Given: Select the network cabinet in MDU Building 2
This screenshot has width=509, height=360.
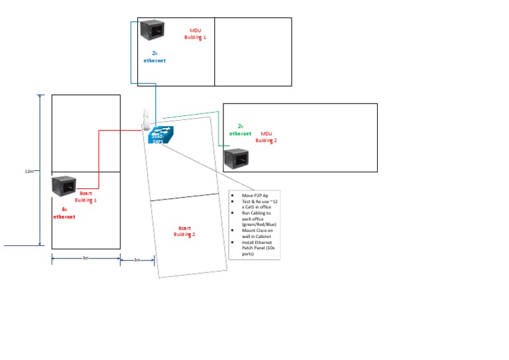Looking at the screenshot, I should [x=236, y=160].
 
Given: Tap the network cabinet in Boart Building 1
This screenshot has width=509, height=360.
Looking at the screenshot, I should [x=66, y=187].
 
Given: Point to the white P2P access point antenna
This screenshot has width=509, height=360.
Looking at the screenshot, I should [x=144, y=119].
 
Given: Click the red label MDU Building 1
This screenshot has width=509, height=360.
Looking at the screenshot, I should [x=196, y=34].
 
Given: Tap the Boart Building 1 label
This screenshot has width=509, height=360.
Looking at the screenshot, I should [x=85, y=196].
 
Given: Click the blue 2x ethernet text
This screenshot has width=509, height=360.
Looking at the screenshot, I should [x=154, y=56].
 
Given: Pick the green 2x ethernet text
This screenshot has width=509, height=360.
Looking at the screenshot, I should [x=241, y=129].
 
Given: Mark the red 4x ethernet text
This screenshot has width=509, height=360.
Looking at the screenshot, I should [x=64, y=213].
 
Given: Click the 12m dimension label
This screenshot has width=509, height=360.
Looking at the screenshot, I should [x=29, y=171].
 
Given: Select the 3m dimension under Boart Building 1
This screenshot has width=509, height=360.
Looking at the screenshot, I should [x=85, y=259].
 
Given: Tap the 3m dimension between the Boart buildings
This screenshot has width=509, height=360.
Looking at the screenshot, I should [x=137, y=259].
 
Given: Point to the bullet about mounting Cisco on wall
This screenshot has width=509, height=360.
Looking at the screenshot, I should [x=254, y=232].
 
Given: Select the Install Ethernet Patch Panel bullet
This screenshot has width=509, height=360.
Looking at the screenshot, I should [x=254, y=248].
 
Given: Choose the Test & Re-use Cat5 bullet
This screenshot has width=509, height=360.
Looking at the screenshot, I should [x=254, y=205].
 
